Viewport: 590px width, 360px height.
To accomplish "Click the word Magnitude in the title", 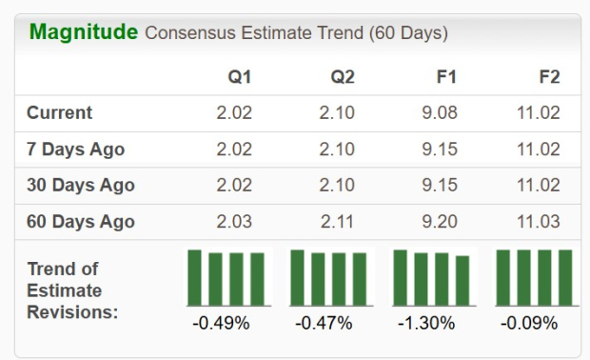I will (x=84, y=32).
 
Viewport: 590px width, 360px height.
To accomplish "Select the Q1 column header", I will (x=240, y=76).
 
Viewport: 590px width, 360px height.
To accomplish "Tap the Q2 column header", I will (x=343, y=76).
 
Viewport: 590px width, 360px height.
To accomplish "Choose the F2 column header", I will (x=549, y=76).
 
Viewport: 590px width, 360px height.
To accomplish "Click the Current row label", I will (x=59, y=112).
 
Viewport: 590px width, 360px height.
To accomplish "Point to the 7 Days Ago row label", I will (x=75, y=149).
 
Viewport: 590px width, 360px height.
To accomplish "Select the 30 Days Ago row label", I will (x=80, y=185).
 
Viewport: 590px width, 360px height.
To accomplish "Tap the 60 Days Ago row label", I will (x=80, y=222).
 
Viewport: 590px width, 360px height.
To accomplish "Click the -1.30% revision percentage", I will (x=426, y=323).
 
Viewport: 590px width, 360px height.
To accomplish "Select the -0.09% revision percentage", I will (x=529, y=323).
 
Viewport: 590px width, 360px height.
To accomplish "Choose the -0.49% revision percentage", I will (x=221, y=323).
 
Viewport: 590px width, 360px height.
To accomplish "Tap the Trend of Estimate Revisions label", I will (x=71, y=290).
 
